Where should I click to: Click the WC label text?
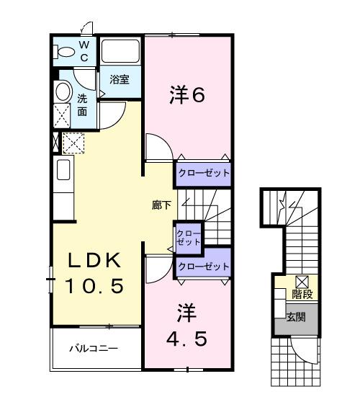coord(84,50)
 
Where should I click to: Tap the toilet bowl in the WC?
coord(64,52)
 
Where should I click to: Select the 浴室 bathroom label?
coord(120,81)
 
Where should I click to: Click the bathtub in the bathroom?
coord(120,52)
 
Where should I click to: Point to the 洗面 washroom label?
coord(82,105)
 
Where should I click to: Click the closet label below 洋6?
coord(203,174)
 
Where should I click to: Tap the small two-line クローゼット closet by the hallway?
coord(189,237)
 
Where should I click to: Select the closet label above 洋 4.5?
coord(203,267)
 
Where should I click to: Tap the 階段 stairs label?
coord(301,295)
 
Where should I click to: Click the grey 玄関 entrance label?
coord(295,316)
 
